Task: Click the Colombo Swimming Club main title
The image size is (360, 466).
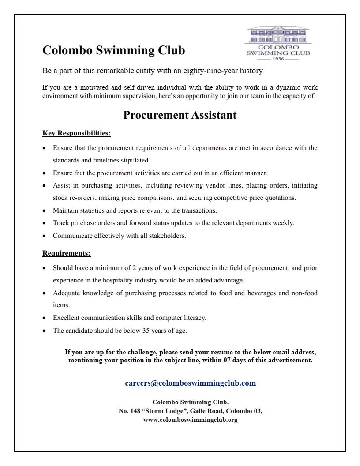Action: (x=113, y=51)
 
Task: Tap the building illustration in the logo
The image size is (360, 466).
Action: (x=277, y=35)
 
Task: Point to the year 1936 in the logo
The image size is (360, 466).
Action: (x=278, y=59)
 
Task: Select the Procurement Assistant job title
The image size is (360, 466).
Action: (x=180, y=115)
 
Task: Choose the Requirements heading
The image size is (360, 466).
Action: (x=67, y=253)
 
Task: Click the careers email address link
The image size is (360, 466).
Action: (x=190, y=383)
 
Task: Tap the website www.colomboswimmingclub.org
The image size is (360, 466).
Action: (x=191, y=420)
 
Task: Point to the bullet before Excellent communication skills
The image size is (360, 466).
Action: (x=45, y=318)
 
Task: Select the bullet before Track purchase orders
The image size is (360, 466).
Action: (x=45, y=223)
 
